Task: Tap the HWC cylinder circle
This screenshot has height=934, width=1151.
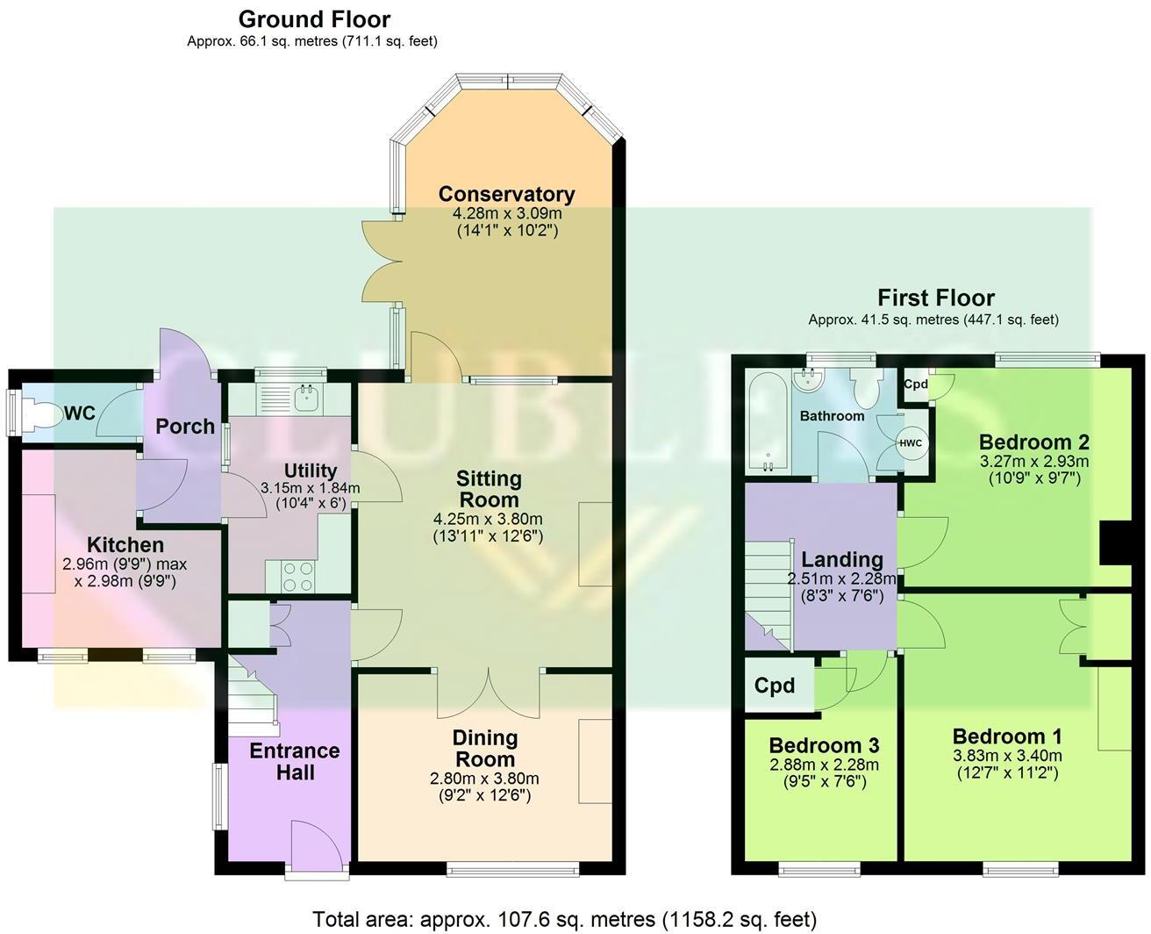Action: point(910,443)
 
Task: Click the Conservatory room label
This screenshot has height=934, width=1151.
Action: point(507,194)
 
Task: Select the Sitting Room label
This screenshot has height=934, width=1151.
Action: point(489,489)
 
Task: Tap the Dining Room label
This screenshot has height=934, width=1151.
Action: point(484,748)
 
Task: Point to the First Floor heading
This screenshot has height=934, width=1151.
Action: point(936,298)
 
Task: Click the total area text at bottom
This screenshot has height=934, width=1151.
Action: point(565,919)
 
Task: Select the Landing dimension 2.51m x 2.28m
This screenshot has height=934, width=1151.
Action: point(841,578)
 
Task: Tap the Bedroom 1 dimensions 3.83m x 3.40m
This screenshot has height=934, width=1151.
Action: point(1007,756)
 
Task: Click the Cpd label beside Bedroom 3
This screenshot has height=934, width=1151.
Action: point(775,686)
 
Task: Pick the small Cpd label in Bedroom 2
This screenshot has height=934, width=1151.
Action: point(916,384)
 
